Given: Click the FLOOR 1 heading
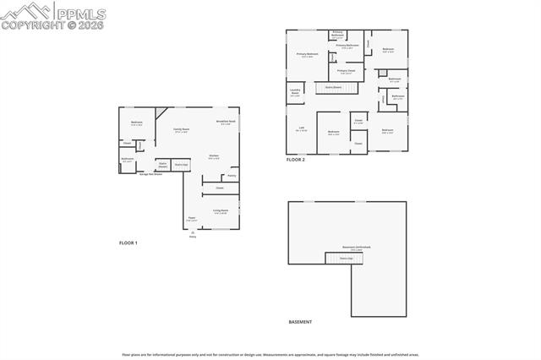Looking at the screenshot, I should pyautogui.click(x=128, y=243).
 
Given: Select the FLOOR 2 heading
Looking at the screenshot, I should pyautogui.click(x=295, y=159).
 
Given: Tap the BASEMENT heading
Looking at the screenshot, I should pyautogui.click(x=300, y=322).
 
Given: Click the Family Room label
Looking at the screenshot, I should pyautogui.click(x=182, y=130).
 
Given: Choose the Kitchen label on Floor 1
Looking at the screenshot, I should pyautogui.click(x=215, y=157).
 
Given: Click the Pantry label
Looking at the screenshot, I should pyautogui.click(x=231, y=176).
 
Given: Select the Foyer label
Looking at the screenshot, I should pyautogui.click(x=192, y=219).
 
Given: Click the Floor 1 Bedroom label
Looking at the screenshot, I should pyautogui.click(x=136, y=123).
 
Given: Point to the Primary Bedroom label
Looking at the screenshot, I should pyautogui.click(x=307, y=55).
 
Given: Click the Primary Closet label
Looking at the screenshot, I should pyautogui.click(x=347, y=71).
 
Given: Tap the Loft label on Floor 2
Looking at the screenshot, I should pyautogui.click(x=302, y=129).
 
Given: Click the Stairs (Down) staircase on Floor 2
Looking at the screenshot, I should pyautogui.click(x=333, y=86).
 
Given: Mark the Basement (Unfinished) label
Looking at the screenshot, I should pyautogui.click(x=363, y=248).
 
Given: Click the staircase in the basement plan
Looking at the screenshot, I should pyautogui.click(x=344, y=258).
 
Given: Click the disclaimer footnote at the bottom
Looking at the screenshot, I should pyautogui.click(x=270, y=354).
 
